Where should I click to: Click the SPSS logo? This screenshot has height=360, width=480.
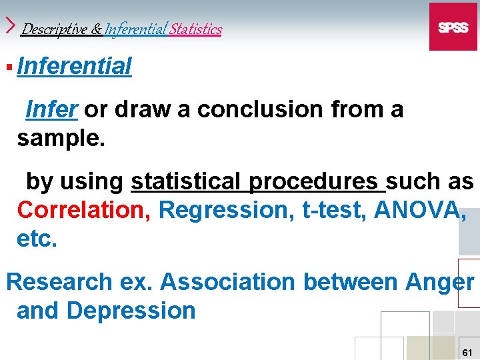[x=453, y=27]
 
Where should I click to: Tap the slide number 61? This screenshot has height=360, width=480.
[x=467, y=351]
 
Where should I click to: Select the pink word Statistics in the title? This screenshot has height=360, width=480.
[x=195, y=29]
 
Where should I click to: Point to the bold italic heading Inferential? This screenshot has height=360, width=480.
[x=75, y=67]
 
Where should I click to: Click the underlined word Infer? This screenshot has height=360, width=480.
[x=51, y=109]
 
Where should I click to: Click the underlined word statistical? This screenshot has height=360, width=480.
[x=185, y=181]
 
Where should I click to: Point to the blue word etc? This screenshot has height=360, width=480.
[x=37, y=239]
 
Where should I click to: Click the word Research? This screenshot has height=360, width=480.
[x=59, y=282]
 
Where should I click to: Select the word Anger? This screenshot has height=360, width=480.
[x=439, y=282]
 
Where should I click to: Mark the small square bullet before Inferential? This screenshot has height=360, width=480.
[x=9, y=67]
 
